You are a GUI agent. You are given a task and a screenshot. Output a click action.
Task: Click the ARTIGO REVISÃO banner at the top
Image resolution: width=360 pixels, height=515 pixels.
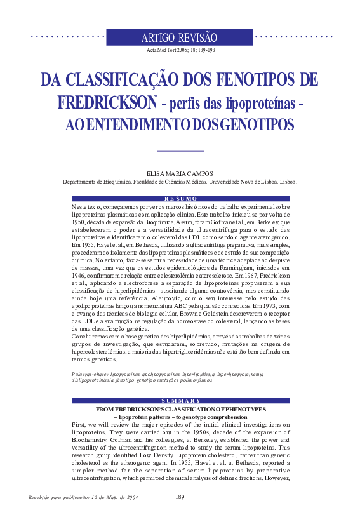[x=180, y=37]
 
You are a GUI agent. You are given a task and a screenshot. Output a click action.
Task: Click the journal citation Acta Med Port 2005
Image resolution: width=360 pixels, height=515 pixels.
[x=180, y=49]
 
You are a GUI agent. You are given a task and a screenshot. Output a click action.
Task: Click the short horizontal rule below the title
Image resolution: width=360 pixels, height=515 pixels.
[x=180, y=151]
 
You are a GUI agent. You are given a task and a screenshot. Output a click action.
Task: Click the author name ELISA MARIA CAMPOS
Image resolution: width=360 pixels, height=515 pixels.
[x=180, y=173]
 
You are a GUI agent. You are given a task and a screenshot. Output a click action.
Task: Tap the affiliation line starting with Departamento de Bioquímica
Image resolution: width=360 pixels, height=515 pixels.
[x=180, y=181]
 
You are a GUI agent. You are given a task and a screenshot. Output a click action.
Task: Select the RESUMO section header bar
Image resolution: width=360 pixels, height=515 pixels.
[x=180, y=199]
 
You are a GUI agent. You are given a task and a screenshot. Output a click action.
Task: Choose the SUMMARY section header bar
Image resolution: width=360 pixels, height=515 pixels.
[x=180, y=400]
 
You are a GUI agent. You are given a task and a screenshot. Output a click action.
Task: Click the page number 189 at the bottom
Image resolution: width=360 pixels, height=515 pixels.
[x=180, y=497]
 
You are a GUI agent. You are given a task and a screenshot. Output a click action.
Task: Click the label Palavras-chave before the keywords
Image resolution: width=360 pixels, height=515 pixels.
[x=90, y=375]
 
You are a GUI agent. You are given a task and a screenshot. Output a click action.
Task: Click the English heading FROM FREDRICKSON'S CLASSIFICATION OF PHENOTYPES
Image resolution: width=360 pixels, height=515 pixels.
[x=180, y=409]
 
